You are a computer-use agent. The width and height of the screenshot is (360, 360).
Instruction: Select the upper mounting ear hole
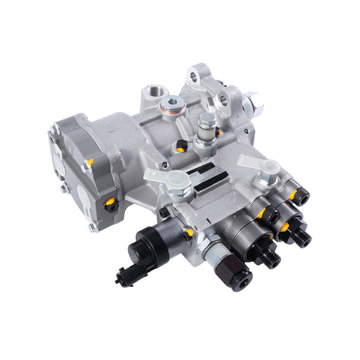pyautogui.click(x=195, y=78)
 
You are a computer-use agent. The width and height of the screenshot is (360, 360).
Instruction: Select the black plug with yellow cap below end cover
pyautogui.click(x=111, y=205)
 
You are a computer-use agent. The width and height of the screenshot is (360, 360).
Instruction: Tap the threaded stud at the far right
pyautogui.click(x=303, y=237)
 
